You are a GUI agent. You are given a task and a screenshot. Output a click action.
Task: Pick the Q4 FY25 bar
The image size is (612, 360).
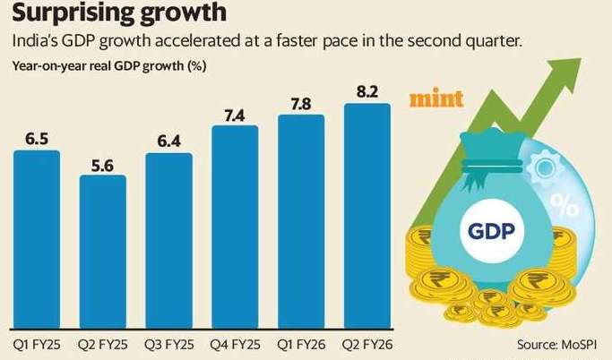pos(235,229)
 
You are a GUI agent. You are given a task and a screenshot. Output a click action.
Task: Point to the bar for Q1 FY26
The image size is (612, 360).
pos(301,224)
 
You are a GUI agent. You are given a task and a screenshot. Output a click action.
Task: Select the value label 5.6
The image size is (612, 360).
pos(103,166)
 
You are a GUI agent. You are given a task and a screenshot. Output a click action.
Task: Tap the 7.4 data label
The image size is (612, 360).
pos(235,116)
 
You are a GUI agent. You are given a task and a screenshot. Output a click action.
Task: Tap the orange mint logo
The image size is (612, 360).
pos(436,98)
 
